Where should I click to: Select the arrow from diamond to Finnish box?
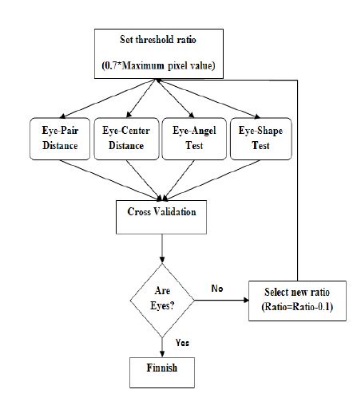[162, 343]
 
